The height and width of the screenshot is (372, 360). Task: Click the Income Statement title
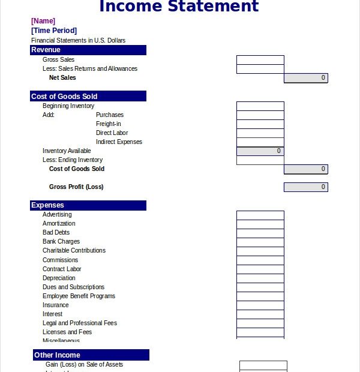coord(179,7)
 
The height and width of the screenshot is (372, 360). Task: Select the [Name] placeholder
coord(43,21)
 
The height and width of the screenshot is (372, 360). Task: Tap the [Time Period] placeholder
coord(54,31)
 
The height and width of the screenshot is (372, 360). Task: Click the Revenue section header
coord(88,50)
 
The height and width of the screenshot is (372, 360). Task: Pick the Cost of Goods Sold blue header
coord(88,96)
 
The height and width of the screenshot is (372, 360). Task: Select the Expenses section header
coord(88,205)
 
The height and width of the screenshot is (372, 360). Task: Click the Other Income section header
coord(91,355)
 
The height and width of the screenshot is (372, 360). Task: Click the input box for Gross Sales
coord(260,60)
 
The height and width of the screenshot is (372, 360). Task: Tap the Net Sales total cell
coord(305,78)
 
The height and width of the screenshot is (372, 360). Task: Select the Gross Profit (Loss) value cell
coord(305,187)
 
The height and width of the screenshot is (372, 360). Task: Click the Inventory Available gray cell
coord(260,151)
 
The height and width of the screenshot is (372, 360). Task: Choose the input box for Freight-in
coord(260,124)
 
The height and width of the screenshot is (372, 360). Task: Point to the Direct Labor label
coord(112,133)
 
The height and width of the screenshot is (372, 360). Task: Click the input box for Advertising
coord(260,215)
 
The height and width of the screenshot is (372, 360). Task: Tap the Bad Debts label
coord(56,233)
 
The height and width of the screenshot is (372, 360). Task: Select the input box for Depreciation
coord(260,278)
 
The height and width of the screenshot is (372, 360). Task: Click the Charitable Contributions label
coord(74,251)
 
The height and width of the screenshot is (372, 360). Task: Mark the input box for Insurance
coord(260,305)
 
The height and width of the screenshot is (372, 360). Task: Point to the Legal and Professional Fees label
coord(80,323)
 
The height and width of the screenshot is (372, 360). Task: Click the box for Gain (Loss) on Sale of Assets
coord(263,365)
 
